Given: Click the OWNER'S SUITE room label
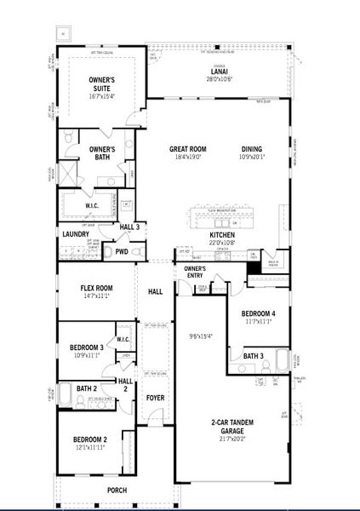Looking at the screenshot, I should click(102, 83).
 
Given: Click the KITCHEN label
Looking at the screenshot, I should click(222, 234).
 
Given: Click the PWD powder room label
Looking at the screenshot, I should click(122, 252).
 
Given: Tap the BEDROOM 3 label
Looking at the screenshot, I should click(87, 347).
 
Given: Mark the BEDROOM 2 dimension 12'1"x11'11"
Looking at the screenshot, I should click(89, 447).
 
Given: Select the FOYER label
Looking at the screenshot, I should click(155, 397).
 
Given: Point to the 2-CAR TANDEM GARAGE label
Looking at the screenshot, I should click(231, 428).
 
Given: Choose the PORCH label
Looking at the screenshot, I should click(116, 491).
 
